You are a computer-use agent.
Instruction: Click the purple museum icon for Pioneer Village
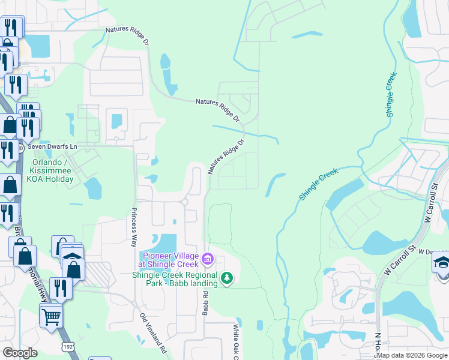tap(208, 259)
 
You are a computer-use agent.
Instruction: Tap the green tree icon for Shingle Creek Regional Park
tap(227, 278)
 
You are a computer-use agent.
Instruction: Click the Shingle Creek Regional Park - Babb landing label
tap(175, 280)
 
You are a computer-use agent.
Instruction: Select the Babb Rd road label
tap(205, 304)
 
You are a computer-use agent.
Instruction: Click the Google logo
tap(20, 353)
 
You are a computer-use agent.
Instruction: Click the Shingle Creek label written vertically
tap(391, 94)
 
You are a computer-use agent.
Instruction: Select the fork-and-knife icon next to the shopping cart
tap(61, 288)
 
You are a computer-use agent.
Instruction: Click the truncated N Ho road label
tap(378, 345)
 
